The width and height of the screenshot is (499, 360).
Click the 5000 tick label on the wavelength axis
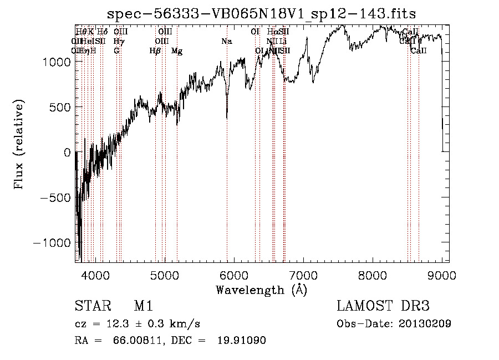coord(164,275)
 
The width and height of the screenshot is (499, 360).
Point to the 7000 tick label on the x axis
coord(303,275)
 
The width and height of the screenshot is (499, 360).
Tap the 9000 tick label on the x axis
coord(442,275)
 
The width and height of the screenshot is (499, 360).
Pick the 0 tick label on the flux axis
coord(66,152)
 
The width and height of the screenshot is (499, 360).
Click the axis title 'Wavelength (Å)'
coord(261,290)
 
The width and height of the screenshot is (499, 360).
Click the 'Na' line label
coord(226,42)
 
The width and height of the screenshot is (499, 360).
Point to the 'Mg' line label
coord(177,51)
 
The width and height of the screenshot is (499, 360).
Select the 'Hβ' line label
coord(155,51)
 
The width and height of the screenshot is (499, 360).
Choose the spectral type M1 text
coord(143,306)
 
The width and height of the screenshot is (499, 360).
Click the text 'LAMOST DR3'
coord(383,306)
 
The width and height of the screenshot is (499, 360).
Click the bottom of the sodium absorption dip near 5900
coord(227,118)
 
